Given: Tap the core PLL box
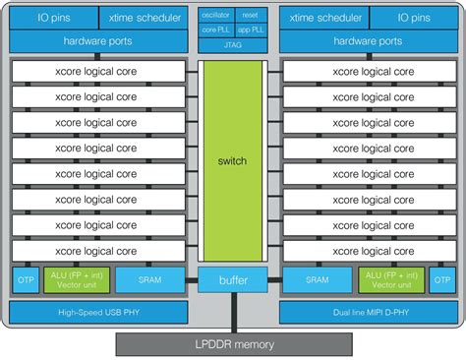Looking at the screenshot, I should (x=215, y=30).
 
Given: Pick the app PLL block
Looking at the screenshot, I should (x=250, y=30).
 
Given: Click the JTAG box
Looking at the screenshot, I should (x=233, y=43).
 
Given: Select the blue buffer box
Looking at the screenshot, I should (x=233, y=280).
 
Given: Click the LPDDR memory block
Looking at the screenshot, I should (x=233, y=343).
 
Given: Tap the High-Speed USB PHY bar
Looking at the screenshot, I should (x=97, y=313).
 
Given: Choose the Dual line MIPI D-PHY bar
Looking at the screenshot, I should (x=368, y=313).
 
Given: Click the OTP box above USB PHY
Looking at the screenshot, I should (x=26, y=280).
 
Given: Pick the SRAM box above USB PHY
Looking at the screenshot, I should (x=150, y=280).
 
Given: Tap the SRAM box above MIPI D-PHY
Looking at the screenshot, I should (x=316, y=280).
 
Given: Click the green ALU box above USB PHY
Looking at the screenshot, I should (x=77, y=280).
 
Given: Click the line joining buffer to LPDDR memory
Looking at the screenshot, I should (x=233, y=314).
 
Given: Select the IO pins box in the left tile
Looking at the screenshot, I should (x=44, y=19).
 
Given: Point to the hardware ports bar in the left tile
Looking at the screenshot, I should (x=97, y=42).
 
